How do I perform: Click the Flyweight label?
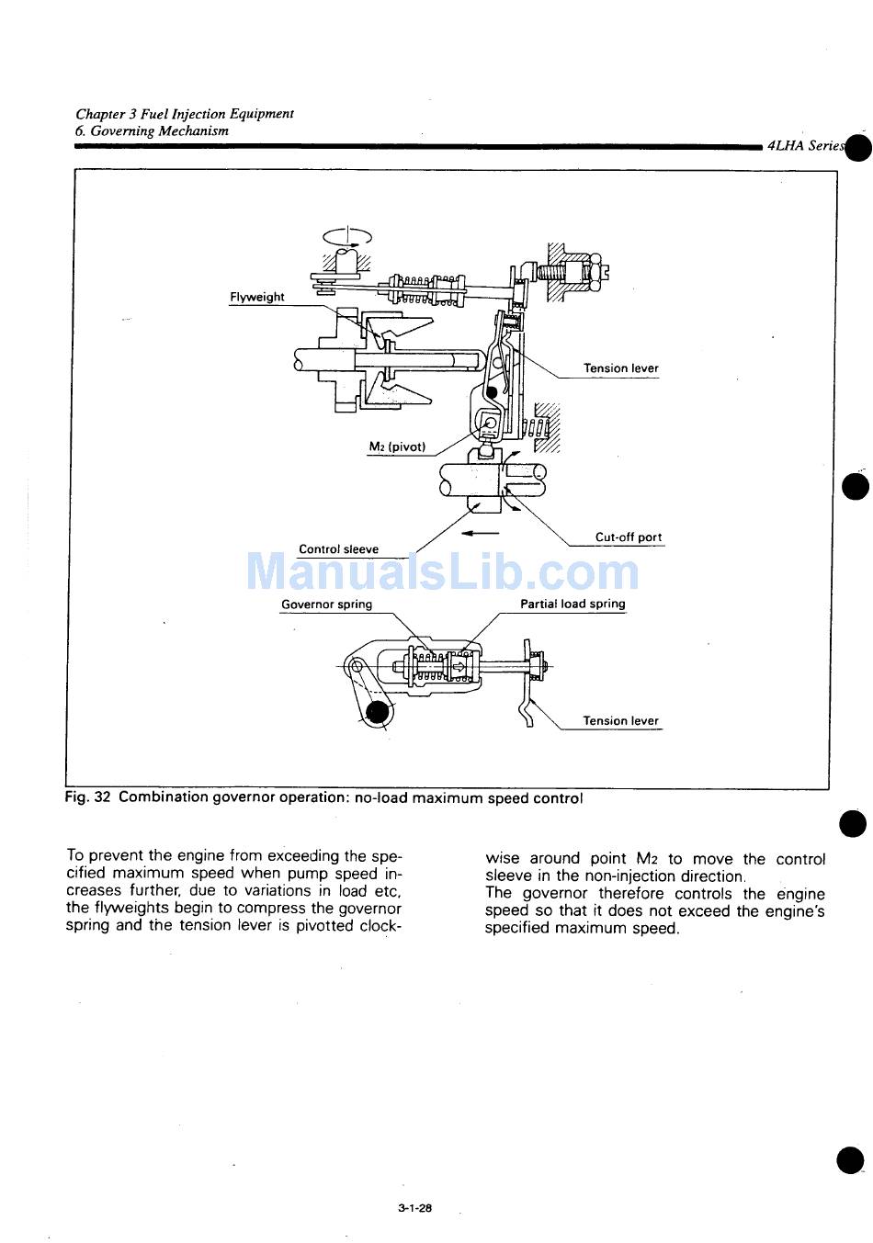click(256, 297)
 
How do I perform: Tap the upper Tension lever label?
click(620, 368)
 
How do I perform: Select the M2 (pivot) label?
click(397, 447)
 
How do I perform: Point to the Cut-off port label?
click(628, 537)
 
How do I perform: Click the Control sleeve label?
click(338, 549)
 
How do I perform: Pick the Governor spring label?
click(326, 605)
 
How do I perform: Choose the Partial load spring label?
click(573, 605)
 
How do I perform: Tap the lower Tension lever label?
click(620, 721)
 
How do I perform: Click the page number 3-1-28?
click(415, 1209)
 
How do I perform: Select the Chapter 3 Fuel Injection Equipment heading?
click(185, 114)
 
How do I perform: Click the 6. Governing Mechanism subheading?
click(152, 130)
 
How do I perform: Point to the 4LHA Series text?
click(805, 145)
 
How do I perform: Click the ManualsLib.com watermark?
click(442, 571)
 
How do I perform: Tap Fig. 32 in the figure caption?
click(88, 797)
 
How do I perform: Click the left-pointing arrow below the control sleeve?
click(480, 533)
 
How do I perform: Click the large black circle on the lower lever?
click(377, 711)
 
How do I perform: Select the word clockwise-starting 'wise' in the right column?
click(505, 859)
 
